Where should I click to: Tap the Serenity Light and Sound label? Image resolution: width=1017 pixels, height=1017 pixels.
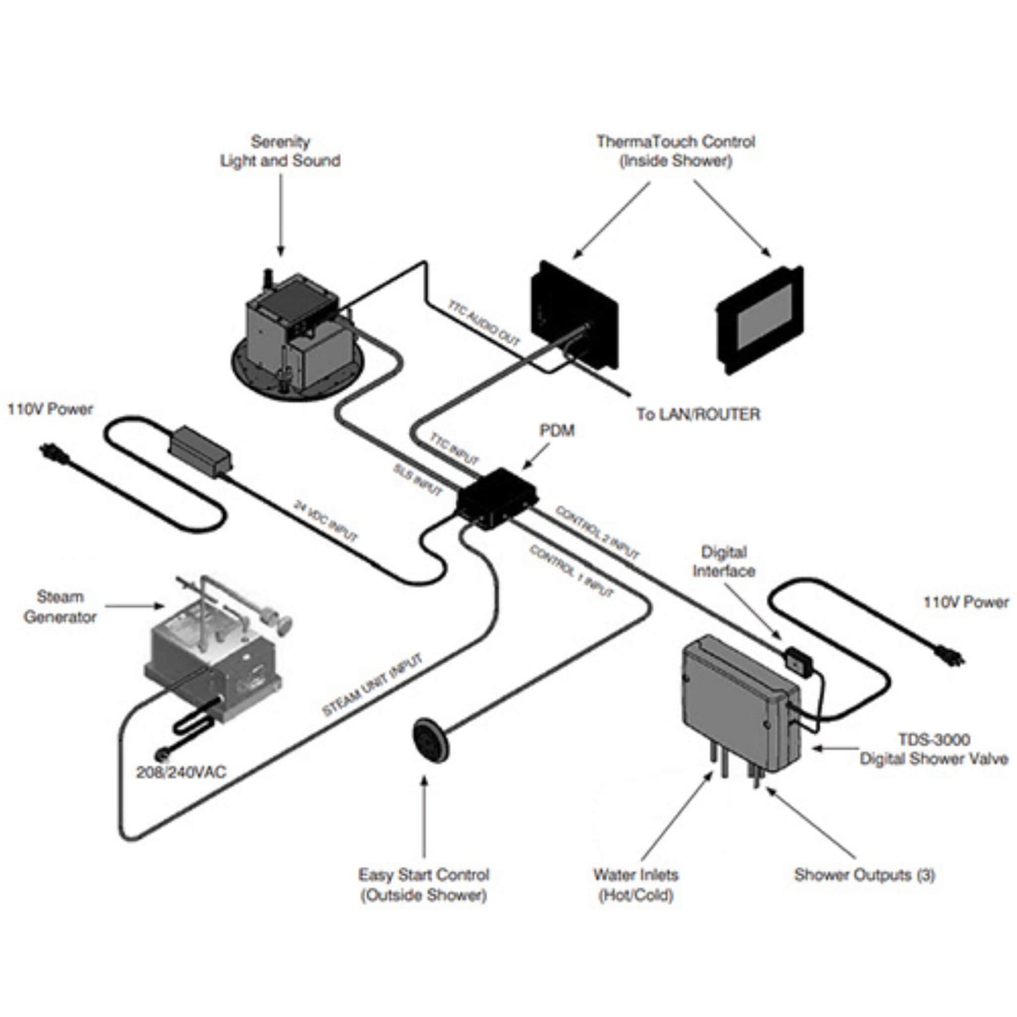[x=280, y=151]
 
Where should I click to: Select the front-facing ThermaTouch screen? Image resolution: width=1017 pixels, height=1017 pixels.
[x=759, y=320]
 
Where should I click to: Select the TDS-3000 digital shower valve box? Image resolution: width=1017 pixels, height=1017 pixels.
[x=739, y=704]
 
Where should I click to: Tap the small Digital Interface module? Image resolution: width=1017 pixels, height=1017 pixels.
[x=798, y=661]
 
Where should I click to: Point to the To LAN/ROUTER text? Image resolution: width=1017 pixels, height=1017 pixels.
[x=697, y=414]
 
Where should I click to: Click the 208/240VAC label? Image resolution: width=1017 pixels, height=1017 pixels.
[x=181, y=772]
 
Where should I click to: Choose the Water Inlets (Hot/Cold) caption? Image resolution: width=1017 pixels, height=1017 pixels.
[x=636, y=885]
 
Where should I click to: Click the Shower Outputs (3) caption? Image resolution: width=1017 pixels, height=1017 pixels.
[x=864, y=875]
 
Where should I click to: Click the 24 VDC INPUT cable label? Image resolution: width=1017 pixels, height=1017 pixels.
[x=325, y=521]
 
